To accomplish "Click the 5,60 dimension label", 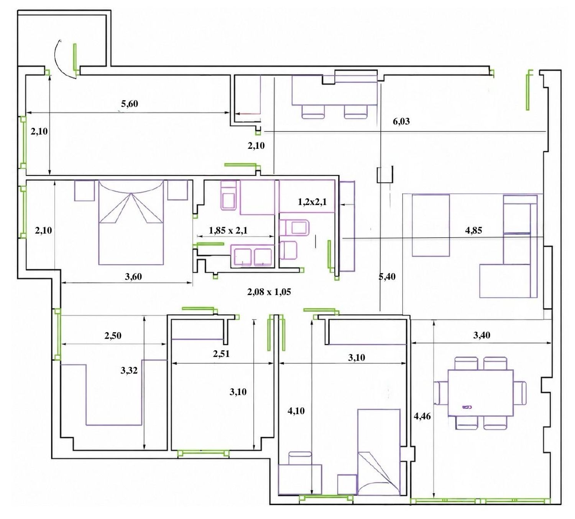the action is click(130, 104).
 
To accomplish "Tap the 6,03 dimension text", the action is click(401, 121).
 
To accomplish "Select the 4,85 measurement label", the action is click(473, 231).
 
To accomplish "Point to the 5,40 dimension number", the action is click(387, 277).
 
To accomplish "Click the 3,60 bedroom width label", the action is click(133, 277).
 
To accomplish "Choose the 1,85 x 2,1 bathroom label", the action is click(228, 231).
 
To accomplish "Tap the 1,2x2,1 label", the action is click(312, 202).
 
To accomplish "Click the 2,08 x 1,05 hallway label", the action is click(269, 292).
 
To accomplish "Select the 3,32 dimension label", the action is click(129, 371).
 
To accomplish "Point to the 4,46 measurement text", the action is click(422, 416).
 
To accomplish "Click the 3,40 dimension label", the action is click(481, 335).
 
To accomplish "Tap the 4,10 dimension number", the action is click(296, 411).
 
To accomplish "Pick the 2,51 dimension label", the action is click(221, 354).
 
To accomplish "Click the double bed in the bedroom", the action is click(131, 222).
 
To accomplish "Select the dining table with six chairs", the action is click(480, 393).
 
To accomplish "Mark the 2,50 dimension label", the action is click(113, 336).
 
